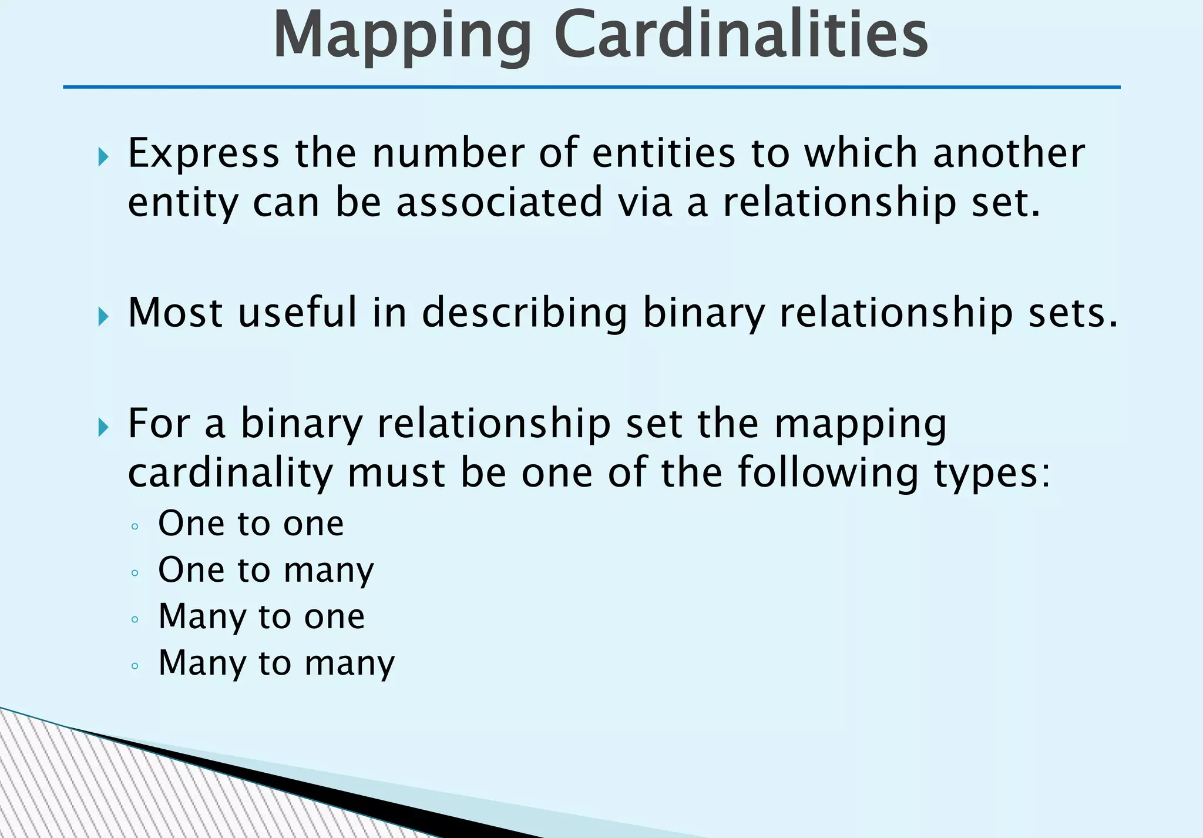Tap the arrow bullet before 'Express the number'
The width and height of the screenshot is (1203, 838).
[x=104, y=157]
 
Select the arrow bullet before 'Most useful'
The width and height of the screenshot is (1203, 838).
[x=104, y=317]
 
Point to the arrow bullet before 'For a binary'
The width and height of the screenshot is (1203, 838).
[x=104, y=427]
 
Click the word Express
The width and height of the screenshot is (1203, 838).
[x=203, y=153]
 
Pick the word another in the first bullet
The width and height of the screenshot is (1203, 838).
[x=1009, y=153]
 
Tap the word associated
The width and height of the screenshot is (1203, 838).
[x=499, y=202]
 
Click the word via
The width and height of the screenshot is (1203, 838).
[x=645, y=202]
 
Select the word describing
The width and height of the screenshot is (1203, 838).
[x=525, y=313]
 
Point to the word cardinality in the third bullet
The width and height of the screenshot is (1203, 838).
[x=230, y=474]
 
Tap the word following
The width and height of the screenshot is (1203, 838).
[x=828, y=474]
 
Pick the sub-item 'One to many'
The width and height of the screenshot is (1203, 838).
[x=266, y=570]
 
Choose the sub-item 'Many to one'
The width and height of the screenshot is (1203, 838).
[x=261, y=616]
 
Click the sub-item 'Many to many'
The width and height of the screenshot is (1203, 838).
[x=276, y=663]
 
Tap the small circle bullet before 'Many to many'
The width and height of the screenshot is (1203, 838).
[x=135, y=666]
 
